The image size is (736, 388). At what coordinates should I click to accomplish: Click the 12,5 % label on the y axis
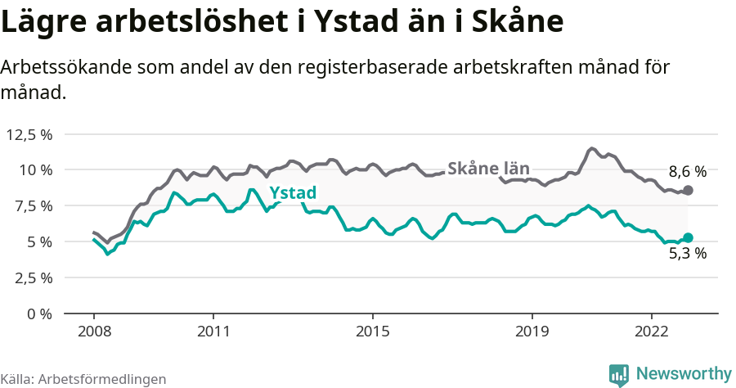29,134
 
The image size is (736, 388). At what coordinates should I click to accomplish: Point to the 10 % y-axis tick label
34,170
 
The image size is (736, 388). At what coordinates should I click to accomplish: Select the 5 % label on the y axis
38,241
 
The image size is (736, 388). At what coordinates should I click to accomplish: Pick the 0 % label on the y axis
38,314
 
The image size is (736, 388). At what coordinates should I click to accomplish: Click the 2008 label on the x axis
93,333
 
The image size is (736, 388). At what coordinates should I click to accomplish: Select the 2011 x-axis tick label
213,333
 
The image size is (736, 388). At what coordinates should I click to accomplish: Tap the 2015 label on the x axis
372,333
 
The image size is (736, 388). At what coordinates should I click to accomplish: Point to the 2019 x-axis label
532,333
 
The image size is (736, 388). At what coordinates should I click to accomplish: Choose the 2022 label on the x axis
651,333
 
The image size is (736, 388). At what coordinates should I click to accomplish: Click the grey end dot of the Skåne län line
688,190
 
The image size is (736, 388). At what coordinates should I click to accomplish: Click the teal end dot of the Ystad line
688,237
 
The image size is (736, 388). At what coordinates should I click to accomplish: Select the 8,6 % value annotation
687,172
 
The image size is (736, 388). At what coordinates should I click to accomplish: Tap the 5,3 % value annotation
687,254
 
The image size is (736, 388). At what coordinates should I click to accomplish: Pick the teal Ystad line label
292,193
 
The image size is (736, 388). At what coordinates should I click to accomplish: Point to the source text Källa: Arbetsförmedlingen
83,379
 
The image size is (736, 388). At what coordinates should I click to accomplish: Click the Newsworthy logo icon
619,374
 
